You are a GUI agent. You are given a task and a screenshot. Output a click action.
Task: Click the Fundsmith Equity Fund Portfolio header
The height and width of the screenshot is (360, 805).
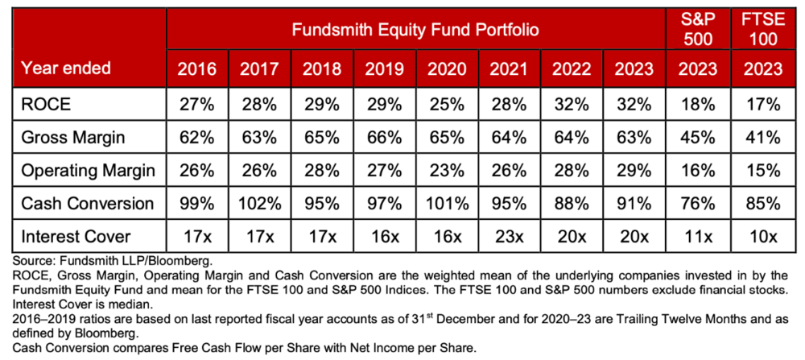[x=415, y=30]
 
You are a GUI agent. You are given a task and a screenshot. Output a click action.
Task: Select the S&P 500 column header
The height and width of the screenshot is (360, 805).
[x=698, y=30]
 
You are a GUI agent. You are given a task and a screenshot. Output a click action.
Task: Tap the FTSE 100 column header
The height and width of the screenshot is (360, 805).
[x=763, y=30]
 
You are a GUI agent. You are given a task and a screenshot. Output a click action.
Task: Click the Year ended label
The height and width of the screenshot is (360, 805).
[x=66, y=68]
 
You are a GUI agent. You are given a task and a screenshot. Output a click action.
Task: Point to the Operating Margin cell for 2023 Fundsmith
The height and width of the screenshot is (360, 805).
[x=634, y=170]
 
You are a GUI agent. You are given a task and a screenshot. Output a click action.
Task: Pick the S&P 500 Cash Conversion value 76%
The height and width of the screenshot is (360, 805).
[x=698, y=203]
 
